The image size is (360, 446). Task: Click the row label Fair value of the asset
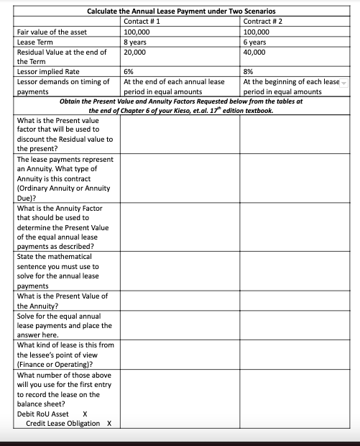tap(51, 32)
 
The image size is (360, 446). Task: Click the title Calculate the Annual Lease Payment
tap(181, 11)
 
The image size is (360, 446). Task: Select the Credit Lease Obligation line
tap(65, 423)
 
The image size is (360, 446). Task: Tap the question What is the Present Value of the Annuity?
tap(62, 301)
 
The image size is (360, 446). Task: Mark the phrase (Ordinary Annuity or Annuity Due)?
tap(63, 193)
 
